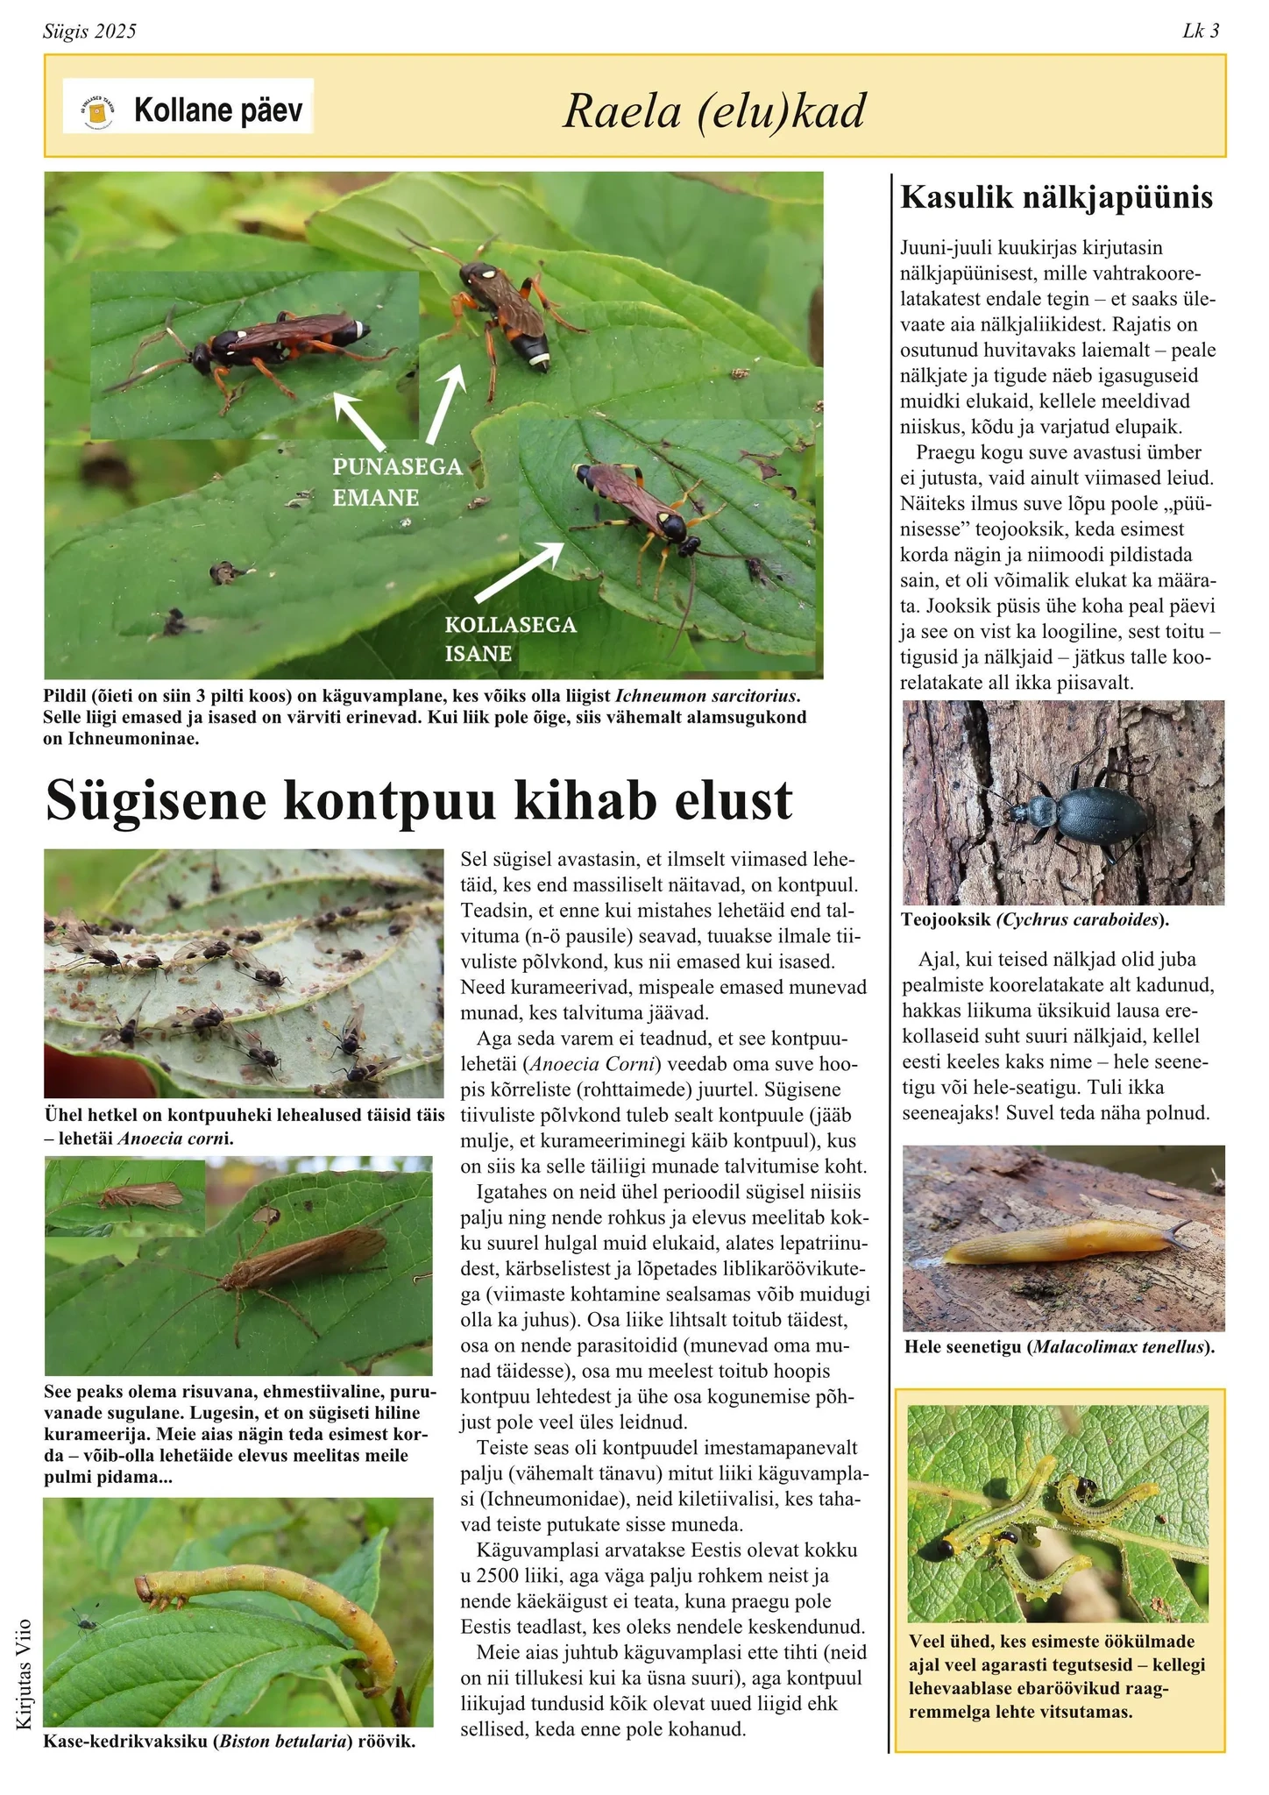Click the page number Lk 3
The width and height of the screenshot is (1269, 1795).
point(1200,32)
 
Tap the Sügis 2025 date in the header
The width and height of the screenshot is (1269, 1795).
point(89,32)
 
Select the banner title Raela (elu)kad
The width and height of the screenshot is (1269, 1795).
point(713,111)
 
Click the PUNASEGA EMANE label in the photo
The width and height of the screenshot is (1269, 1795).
point(397,482)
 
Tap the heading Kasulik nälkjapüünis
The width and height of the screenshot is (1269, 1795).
point(1057,197)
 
